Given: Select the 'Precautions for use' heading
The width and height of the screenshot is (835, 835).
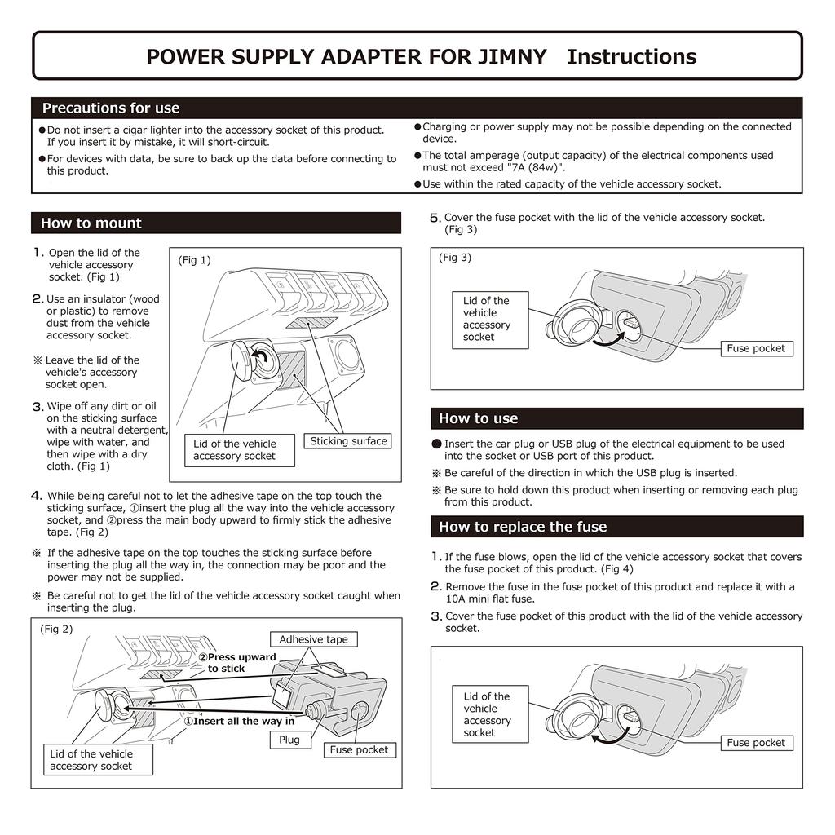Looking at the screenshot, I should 111,108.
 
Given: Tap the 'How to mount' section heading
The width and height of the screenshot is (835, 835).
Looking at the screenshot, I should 91,223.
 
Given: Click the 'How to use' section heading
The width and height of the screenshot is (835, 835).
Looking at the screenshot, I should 479,419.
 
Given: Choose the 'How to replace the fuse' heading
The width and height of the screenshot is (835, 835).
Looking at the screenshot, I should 523,528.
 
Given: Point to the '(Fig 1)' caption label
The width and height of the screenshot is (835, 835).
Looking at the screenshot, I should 194,261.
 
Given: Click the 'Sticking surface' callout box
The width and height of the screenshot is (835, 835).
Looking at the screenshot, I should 348,441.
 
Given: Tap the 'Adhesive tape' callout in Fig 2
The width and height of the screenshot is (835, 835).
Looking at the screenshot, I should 313,640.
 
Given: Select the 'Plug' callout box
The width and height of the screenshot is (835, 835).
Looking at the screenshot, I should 289,740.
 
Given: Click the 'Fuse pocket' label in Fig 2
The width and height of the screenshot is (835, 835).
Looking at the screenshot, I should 359,750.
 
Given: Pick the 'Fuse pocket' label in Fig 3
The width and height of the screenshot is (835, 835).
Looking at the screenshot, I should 756,349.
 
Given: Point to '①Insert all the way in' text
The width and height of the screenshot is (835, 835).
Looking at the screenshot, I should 239,722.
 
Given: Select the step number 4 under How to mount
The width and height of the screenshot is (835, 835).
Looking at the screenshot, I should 37,496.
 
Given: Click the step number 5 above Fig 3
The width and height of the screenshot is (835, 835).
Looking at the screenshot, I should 435,218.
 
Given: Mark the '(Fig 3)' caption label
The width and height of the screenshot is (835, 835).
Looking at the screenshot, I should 455,258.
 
